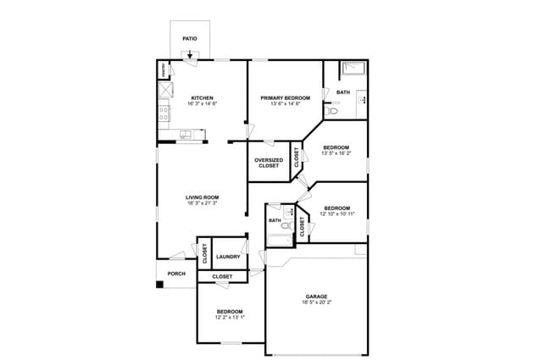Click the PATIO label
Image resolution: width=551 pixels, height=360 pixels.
coord(190,38)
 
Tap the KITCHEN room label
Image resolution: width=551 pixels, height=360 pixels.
coord(202,97)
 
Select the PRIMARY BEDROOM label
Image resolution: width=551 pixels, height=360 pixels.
coord(285,97)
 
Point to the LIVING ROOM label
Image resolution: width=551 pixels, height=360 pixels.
coord(202,198)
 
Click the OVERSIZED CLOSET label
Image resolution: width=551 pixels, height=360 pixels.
coord(268,163)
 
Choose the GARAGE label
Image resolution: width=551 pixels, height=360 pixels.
coord(317,296)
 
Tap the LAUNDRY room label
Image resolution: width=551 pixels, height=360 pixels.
coord(228,257)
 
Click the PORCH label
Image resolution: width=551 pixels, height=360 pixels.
coord(176,274)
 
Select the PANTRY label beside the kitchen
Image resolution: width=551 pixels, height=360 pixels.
coord(162,71)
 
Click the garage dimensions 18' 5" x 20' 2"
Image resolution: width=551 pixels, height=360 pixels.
coord(317,302)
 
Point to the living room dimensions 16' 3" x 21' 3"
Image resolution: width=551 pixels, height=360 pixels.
coord(202,204)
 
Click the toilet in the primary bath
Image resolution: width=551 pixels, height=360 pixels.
coord(333,111)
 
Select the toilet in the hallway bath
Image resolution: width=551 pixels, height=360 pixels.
coord(285,225)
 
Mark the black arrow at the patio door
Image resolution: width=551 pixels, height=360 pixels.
coord(190,56)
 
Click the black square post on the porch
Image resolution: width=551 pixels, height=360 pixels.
coord(159,284)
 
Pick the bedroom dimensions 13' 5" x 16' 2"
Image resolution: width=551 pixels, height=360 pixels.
coord(337,153)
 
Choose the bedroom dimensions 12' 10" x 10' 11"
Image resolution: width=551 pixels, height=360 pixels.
coord(337,213)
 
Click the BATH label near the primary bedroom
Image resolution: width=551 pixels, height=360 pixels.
coord(342,92)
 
